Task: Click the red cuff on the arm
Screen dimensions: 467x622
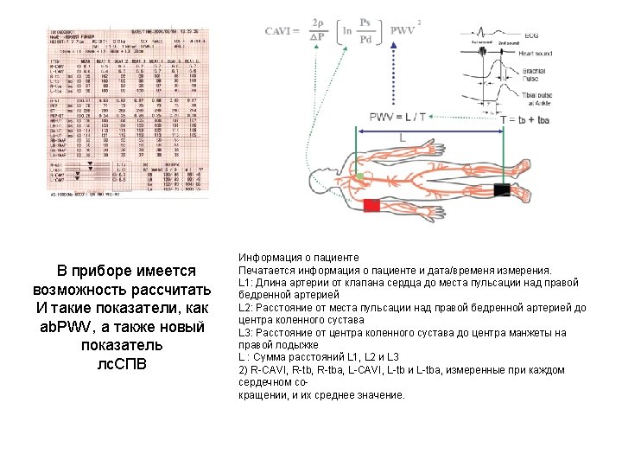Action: click(x=372, y=206)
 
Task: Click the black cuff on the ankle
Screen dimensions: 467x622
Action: click(x=501, y=189)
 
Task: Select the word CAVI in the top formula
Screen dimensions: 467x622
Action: click(x=282, y=31)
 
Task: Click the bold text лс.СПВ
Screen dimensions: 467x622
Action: click(x=118, y=363)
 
